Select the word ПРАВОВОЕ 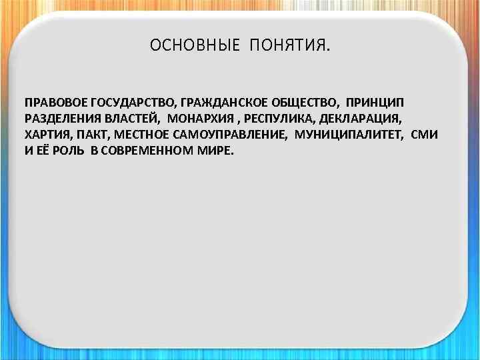[55, 103]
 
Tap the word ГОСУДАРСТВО [133, 103]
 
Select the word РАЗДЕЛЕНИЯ [61, 119]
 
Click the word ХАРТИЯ [45, 134]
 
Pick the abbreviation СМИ [425, 134]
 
